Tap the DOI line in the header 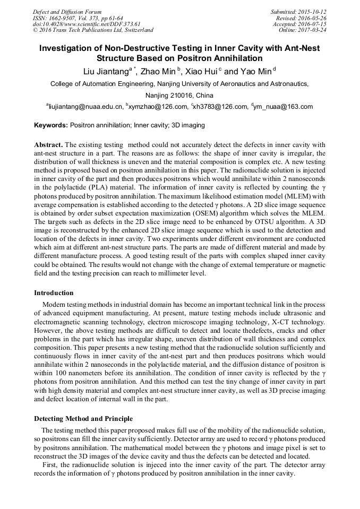[x=87, y=24]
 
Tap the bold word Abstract [x=48, y=145]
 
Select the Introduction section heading [x=54, y=292]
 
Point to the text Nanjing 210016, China [x=179, y=96]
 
